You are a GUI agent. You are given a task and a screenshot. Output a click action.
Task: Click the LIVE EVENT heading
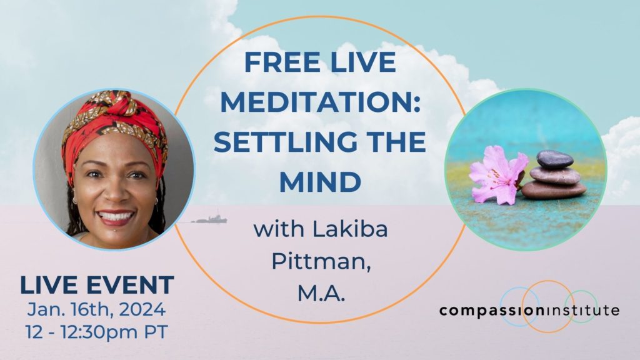97,285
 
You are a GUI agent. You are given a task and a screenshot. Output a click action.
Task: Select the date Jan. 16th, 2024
97,310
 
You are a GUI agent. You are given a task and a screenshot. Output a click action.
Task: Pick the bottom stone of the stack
554,189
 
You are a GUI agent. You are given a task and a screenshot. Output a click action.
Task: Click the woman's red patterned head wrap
112,122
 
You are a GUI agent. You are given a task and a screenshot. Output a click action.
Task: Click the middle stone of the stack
554,174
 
